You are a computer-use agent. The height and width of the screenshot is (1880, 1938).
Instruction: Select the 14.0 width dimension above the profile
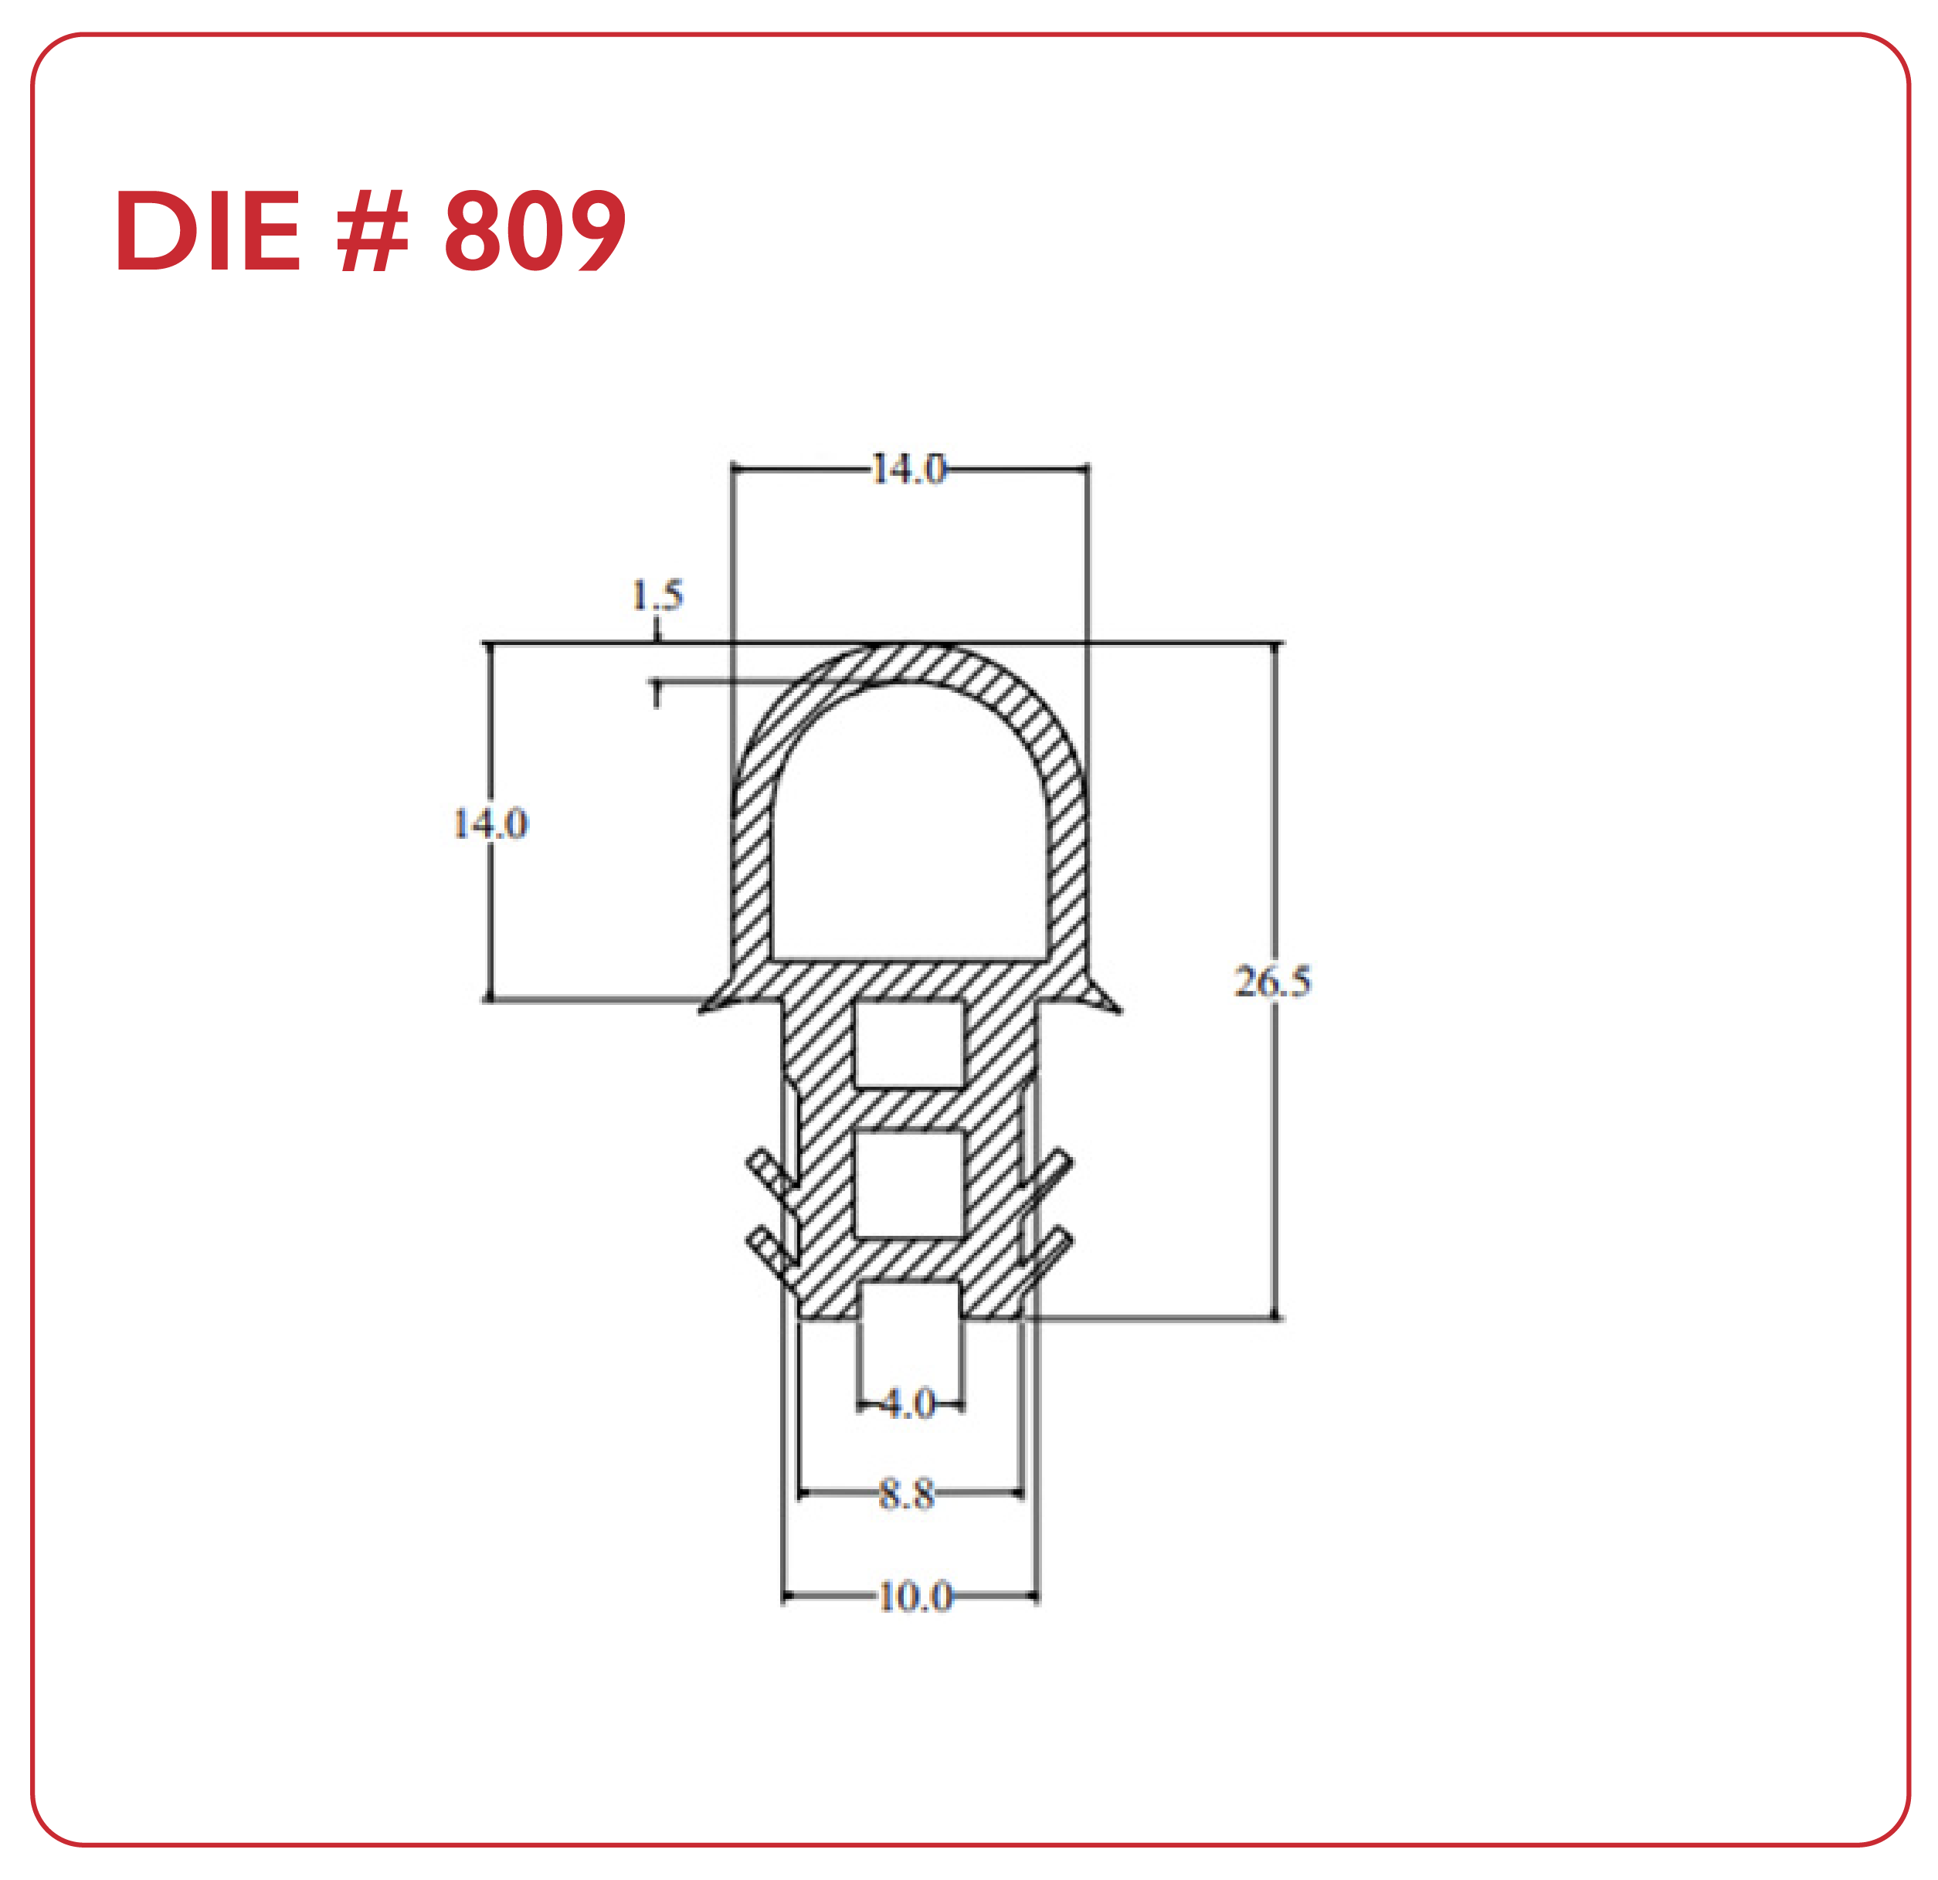908,468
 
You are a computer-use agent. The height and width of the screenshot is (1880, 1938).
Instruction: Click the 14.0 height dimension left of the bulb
490,823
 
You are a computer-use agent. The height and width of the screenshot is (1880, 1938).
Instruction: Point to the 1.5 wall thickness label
657,595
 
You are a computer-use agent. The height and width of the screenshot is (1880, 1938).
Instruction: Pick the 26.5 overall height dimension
1272,981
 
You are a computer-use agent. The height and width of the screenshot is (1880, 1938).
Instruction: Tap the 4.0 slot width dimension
908,1403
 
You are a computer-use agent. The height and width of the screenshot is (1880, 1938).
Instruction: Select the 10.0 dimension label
915,1597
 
